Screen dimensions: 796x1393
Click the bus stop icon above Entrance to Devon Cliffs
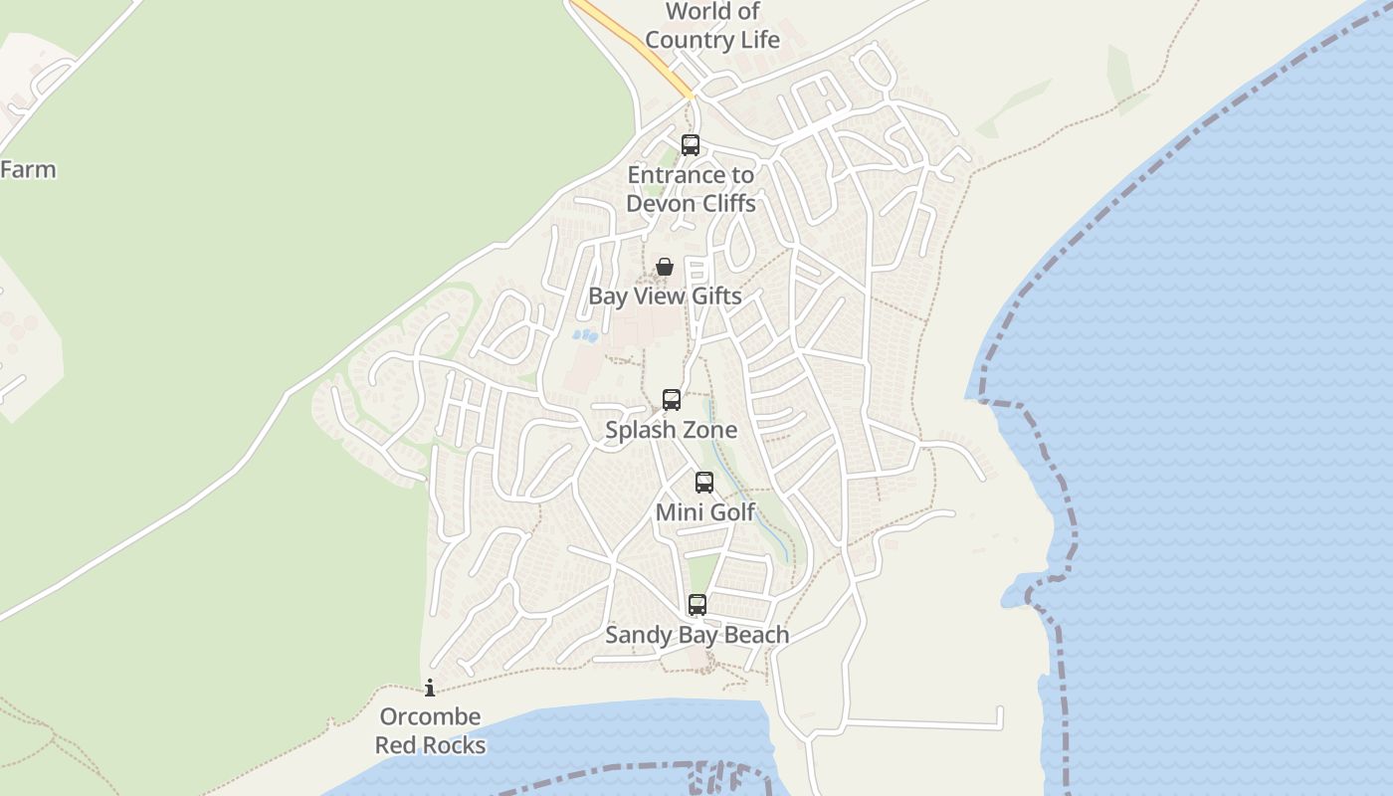pos(691,145)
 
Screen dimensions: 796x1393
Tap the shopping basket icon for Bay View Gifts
pos(665,267)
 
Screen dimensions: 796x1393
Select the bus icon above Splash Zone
pos(672,400)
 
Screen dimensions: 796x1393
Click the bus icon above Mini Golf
pos(704,483)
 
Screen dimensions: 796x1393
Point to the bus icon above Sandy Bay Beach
pos(697,605)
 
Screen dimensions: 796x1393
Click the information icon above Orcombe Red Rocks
pos(430,688)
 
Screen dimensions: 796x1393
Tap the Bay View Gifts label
pos(665,296)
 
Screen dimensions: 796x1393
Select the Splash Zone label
pos(672,430)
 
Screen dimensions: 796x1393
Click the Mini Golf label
pos(705,512)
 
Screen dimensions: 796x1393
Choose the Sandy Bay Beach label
pos(697,635)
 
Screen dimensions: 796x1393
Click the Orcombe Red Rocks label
pos(431,730)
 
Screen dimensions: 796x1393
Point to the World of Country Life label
pos(712,26)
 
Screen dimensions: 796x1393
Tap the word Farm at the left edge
pos(28,169)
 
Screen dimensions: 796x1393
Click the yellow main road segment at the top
pos(637,45)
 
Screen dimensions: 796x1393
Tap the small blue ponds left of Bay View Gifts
pos(585,336)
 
